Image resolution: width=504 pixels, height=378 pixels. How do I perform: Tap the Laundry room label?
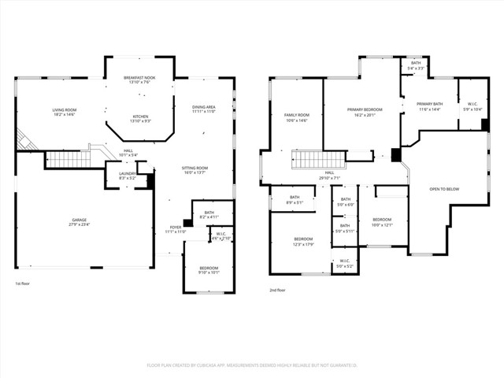tap(128, 176)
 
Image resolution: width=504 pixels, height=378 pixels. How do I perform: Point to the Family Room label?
tap(296, 117)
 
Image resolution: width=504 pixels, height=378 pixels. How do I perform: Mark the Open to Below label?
tap(444, 189)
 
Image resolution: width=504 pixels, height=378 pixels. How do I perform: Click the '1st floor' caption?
tap(24, 283)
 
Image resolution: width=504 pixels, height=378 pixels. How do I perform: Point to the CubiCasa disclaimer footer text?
tap(252, 365)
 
